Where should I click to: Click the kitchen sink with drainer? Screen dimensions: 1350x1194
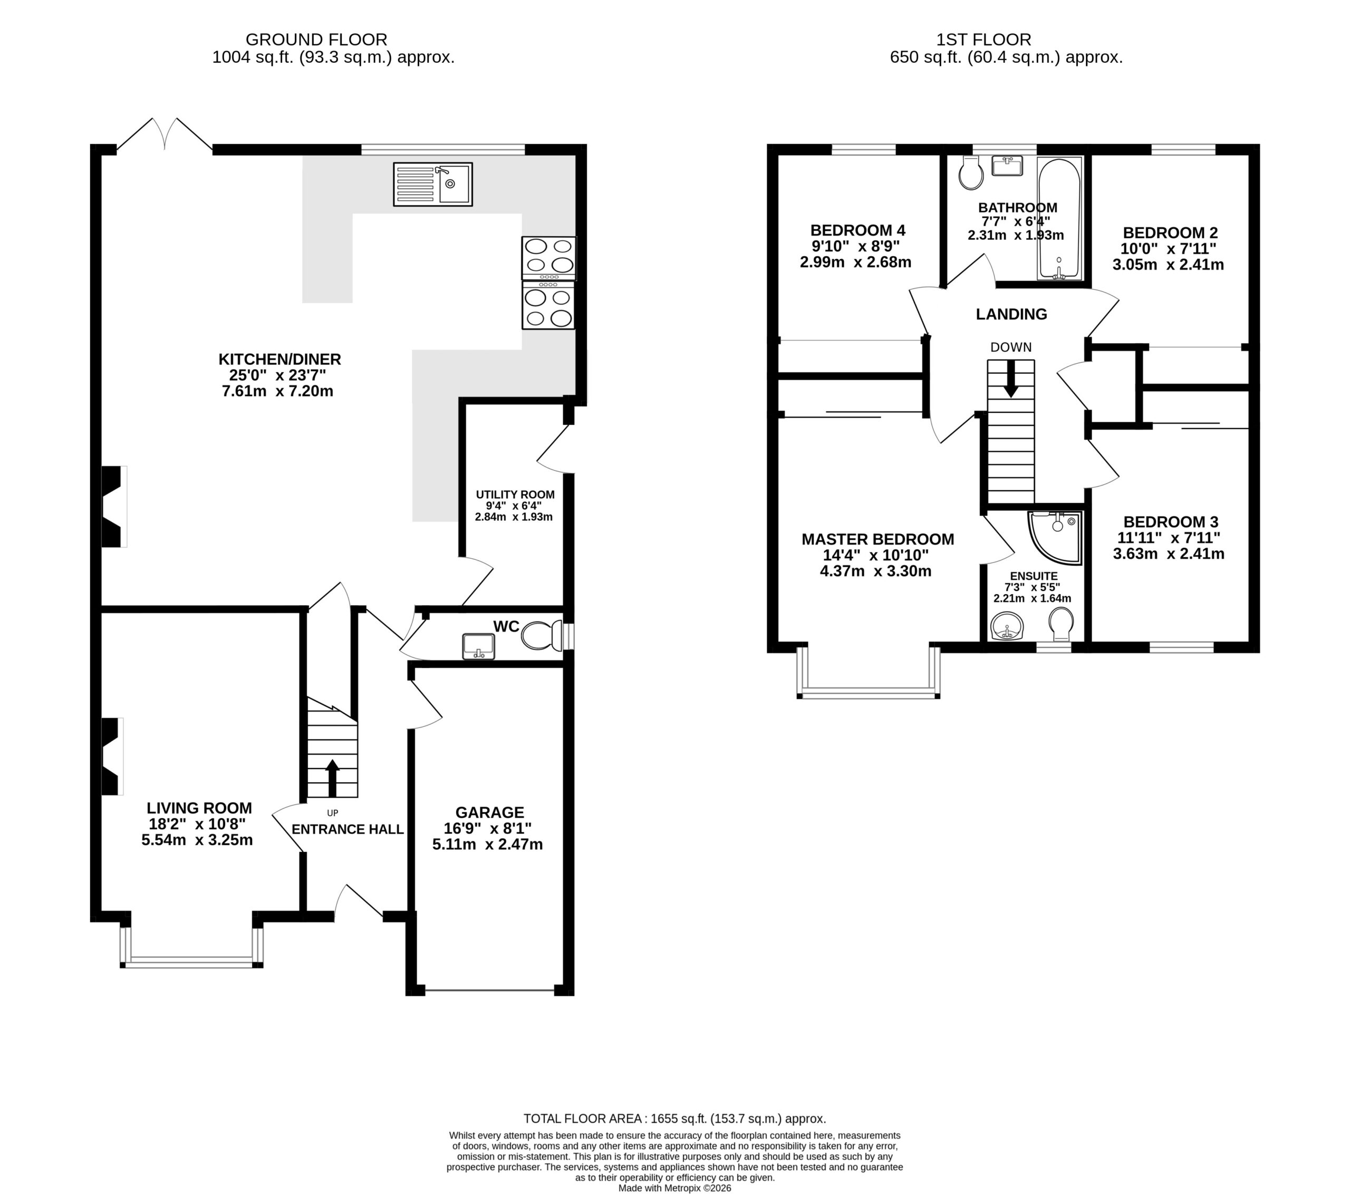click(432, 185)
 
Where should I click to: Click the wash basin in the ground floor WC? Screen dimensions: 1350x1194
click(479, 646)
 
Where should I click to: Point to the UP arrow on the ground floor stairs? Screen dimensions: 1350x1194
click(332, 778)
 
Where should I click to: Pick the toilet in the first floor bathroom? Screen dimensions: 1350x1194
click(971, 173)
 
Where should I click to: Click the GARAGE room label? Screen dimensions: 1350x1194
click(489, 812)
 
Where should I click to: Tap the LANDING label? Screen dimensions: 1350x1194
click(1011, 314)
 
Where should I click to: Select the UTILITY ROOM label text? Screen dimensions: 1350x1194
click(515, 494)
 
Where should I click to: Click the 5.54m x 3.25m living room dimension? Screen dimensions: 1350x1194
click(197, 840)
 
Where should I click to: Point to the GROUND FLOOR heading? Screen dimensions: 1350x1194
click(316, 40)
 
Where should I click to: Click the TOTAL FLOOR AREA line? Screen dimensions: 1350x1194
click(675, 1119)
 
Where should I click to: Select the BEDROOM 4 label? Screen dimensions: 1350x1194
click(857, 230)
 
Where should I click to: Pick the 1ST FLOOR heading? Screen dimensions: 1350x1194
click(1006, 40)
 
